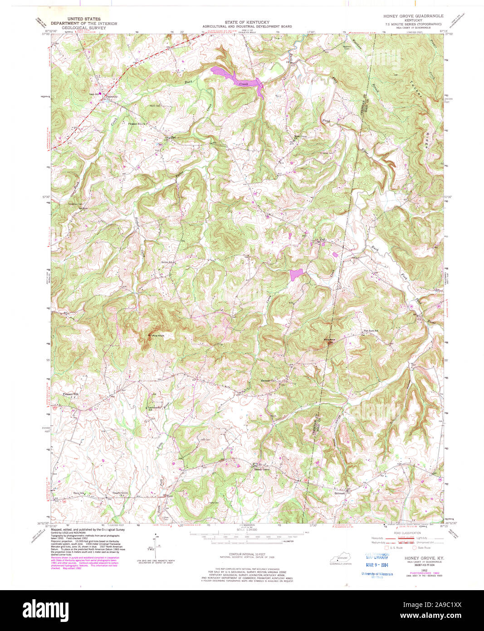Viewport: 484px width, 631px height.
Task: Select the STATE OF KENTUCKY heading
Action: pyautogui.click(x=247, y=22)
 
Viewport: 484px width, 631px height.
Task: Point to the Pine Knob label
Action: pyautogui.click(x=157, y=335)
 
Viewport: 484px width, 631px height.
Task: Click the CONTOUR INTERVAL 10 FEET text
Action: pyautogui.click(x=247, y=555)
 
